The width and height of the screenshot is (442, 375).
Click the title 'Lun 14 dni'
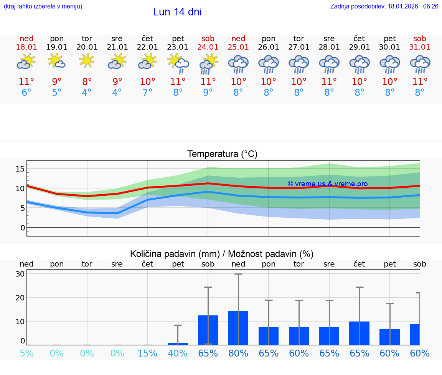[177, 12]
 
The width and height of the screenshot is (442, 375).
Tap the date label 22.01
[147, 47]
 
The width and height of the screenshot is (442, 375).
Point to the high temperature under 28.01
[329, 82]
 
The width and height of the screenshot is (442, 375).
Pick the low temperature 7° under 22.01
[147, 93]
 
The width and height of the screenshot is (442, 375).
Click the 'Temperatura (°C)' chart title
[222, 154]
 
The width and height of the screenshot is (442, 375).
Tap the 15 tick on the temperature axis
[20, 169]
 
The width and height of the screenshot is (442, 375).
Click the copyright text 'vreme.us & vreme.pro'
[328, 184]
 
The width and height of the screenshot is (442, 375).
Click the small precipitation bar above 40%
[178, 343]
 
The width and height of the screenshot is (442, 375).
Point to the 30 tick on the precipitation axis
[20, 274]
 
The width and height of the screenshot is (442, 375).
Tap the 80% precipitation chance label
[238, 353]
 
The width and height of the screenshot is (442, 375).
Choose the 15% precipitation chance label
[147, 353]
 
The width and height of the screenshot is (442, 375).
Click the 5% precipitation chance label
[26, 353]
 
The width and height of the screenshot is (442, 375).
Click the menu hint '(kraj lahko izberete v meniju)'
[43, 7]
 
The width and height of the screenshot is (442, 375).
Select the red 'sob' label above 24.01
[208, 39]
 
